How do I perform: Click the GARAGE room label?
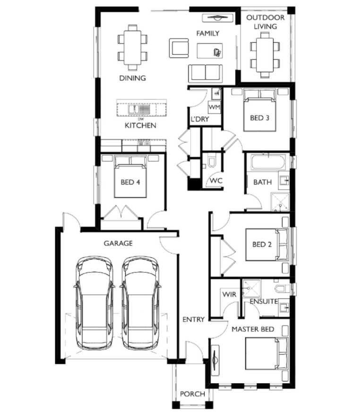[x=118, y=244]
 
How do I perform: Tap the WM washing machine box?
[x=214, y=107]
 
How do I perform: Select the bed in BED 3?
[x=259, y=110]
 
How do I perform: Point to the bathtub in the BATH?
[x=268, y=162]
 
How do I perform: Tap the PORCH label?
[x=192, y=394]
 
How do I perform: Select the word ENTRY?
[x=194, y=320]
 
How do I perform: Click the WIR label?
[x=229, y=294]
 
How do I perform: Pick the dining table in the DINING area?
[x=133, y=48]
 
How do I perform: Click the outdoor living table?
[x=265, y=55]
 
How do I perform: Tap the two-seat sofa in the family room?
[x=206, y=73]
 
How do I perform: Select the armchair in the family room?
[x=179, y=48]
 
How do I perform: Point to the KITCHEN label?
[x=140, y=126]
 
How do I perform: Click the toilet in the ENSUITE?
[x=282, y=289]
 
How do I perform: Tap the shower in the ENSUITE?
[x=252, y=288]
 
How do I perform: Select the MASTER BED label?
[x=253, y=329]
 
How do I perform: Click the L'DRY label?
[x=200, y=119]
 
